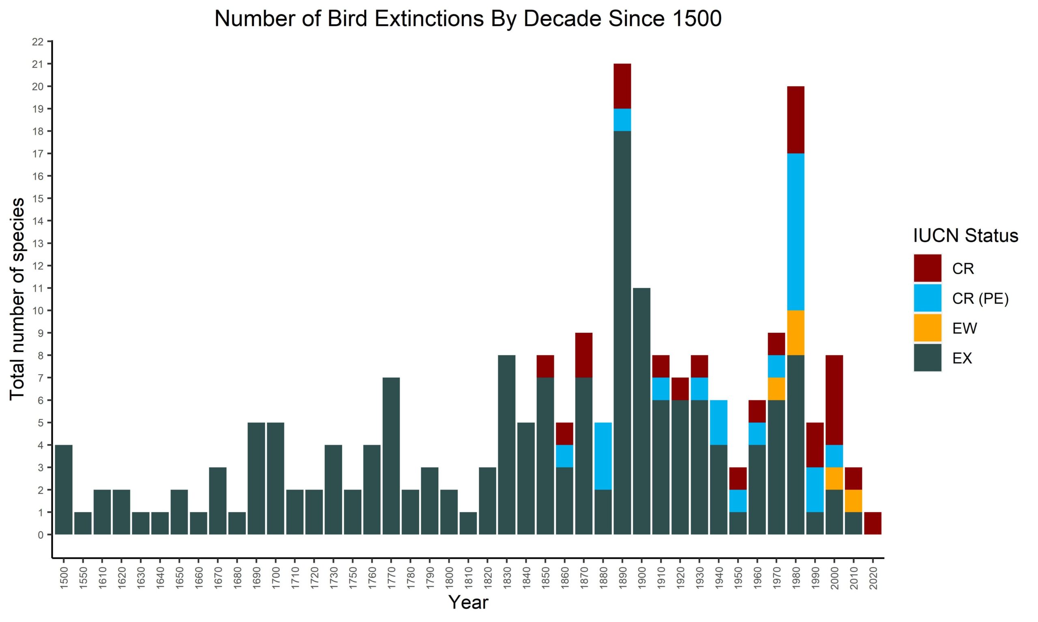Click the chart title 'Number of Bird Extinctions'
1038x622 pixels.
[x=468, y=19]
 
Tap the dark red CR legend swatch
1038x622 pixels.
[x=928, y=268]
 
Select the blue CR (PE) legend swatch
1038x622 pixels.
[x=928, y=298]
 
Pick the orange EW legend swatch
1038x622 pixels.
[x=928, y=328]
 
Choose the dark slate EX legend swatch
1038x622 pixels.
[x=928, y=358]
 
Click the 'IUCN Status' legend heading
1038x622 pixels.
[x=965, y=236]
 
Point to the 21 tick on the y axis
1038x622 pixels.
[x=38, y=64]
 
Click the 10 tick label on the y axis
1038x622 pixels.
[x=38, y=311]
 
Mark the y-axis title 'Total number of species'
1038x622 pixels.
[x=17, y=299]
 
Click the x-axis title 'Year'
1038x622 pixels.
[x=468, y=602]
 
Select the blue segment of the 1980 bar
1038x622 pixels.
[x=796, y=232]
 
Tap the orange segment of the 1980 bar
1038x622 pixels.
[x=796, y=333]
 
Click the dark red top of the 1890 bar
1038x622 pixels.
[x=622, y=86]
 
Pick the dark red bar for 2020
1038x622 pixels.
[x=873, y=523]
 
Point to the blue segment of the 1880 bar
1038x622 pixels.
[x=603, y=456]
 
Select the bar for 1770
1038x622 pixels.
[x=391, y=456]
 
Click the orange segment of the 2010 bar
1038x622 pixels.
[x=854, y=501]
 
